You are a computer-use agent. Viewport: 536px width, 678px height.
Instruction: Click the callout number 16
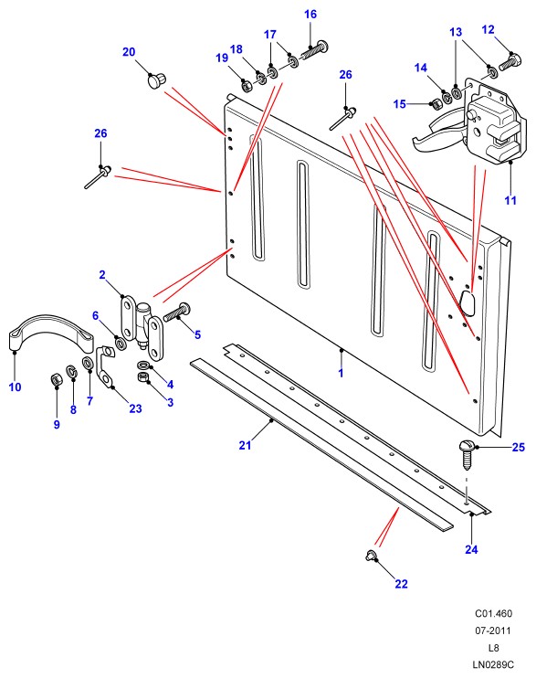pos(310,15)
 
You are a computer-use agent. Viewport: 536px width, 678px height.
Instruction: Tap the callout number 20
pos(129,52)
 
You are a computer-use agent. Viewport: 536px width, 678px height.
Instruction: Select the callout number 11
pos(510,200)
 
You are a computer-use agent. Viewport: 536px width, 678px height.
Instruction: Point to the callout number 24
pos(471,549)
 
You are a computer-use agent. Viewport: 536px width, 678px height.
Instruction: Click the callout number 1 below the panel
pos(341,373)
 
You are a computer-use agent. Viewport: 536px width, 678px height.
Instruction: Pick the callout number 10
pos(16,387)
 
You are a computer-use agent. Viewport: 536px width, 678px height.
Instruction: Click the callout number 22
pos(401,584)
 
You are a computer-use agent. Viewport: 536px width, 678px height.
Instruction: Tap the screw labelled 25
pos(467,455)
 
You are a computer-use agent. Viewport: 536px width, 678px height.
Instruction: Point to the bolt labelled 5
pos(176,312)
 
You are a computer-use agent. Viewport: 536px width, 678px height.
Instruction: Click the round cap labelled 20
pos(157,80)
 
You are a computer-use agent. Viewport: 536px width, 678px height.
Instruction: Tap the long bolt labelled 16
pos(314,50)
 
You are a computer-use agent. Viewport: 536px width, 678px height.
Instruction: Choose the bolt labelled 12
pos(510,61)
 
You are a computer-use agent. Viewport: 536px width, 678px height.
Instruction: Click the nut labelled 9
pos(57,379)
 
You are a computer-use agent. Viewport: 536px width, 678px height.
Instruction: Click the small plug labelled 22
pos(371,556)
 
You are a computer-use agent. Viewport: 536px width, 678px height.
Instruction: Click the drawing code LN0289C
pos(493,664)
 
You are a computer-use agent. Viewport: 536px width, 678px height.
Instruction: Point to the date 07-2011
pos(493,630)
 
